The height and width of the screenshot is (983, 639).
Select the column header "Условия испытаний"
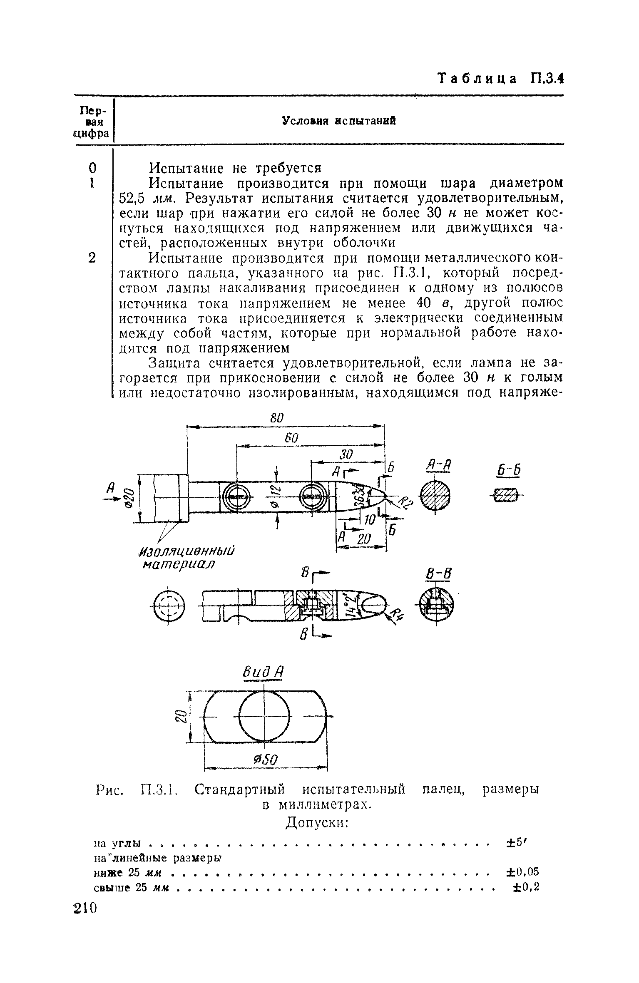(x=339, y=121)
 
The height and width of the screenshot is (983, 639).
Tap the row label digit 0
(x=92, y=168)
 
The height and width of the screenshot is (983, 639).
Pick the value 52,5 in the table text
(x=132, y=198)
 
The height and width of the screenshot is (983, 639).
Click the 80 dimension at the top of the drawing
(x=277, y=419)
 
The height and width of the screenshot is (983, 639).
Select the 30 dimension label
(x=346, y=454)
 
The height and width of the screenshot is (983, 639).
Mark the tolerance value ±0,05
(x=522, y=872)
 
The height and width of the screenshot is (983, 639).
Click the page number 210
(x=85, y=908)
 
